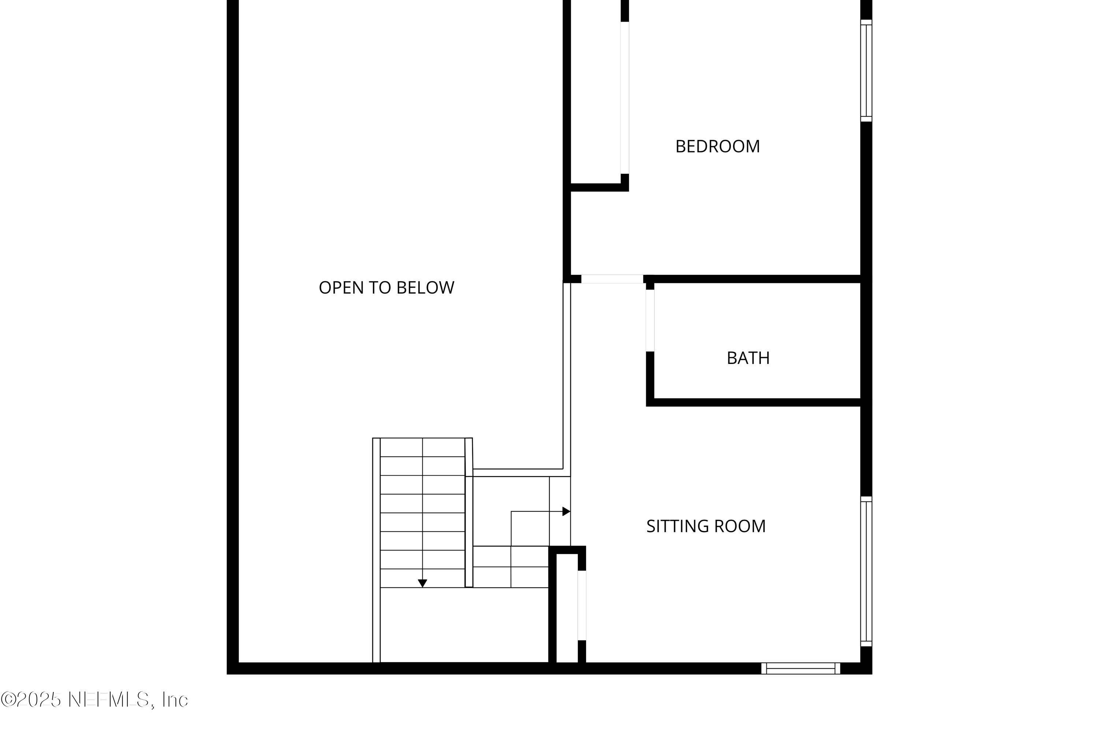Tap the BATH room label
[748, 358]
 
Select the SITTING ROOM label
[706, 526]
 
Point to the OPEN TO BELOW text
[386, 287]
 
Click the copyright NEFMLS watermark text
[95, 699]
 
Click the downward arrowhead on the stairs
[422, 583]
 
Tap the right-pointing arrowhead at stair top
[566, 511]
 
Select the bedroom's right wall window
[866, 71]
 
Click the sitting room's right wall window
[866, 572]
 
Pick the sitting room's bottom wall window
[801, 668]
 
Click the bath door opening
[650, 320]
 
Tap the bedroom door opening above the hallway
[612, 279]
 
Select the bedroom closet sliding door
[625, 98]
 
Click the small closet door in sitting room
[582, 605]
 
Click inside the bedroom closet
[596, 93]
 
